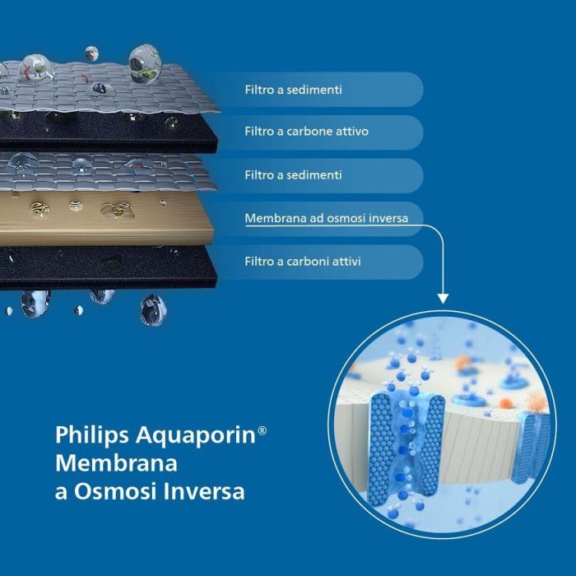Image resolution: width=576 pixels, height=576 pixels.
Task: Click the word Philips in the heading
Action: coord(81,435)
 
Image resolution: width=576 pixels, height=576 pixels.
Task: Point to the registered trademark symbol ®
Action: coord(262,430)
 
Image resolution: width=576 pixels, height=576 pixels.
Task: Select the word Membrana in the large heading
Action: coord(116,463)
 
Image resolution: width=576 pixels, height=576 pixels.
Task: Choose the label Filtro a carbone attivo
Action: coord(306,132)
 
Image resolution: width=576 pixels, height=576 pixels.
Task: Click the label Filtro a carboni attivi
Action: coord(302,262)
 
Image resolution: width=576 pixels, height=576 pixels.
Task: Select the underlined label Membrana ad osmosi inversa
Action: coord(332,219)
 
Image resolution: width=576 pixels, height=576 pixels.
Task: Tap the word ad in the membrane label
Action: coord(309,219)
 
